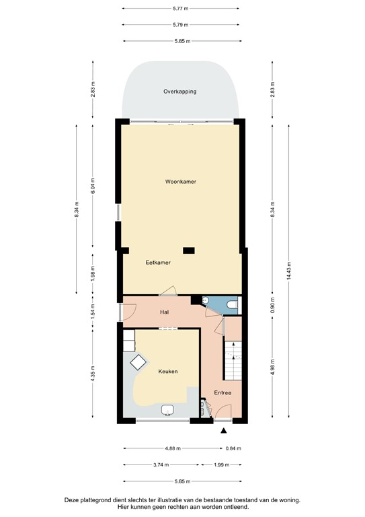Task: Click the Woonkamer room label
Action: pos(180,182)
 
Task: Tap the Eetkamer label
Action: pos(158,263)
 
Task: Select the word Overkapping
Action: pos(180,91)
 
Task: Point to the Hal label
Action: pos(163,312)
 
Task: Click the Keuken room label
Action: pos(167,371)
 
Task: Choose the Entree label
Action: pos(222,392)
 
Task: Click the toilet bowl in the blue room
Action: pos(231,306)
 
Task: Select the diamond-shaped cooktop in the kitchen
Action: pos(140,362)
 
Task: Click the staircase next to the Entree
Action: pos(232,360)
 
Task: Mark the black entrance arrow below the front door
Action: pos(223,431)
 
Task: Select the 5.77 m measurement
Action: pos(179,9)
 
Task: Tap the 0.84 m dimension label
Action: pos(233,448)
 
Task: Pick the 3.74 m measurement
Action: pos(161,464)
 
